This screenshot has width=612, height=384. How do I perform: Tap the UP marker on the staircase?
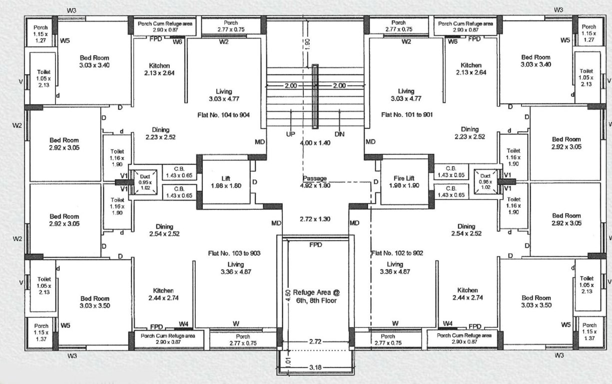coord(291,134)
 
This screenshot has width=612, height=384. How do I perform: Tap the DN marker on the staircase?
coord(339,134)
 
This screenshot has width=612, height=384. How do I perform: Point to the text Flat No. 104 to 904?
coord(224,115)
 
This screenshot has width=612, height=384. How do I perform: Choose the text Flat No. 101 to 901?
coord(405,114)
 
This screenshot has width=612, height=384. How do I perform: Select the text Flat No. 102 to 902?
coord(397,253)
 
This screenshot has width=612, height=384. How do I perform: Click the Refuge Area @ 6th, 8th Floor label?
coord(316,297)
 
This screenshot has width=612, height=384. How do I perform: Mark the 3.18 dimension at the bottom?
coord(315,367)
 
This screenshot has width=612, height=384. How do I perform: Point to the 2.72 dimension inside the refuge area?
coord(315,342)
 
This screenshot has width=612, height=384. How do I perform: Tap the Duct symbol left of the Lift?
coord(144,179)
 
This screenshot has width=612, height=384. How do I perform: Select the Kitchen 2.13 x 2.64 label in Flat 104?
coord(159,69)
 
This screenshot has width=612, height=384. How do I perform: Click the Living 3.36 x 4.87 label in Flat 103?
coord(235,268)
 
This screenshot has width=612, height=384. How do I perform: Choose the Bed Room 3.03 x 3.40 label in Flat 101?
coord(536,61)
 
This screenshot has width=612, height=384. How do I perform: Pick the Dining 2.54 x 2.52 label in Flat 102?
coord(466,230)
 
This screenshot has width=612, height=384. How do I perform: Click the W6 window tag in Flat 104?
coord(177,41)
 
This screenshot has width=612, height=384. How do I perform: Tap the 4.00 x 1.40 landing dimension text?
coord(315,143)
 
